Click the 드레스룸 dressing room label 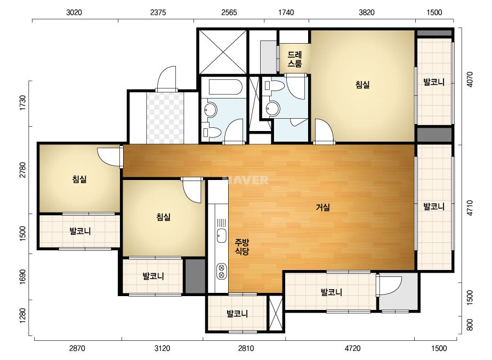click(x=295, y=59)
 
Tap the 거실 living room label click(x=322, y=207)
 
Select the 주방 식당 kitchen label click(x=242, y=247)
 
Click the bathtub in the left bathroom click(x=225, y=87)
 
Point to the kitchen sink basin click(x=222, y=235)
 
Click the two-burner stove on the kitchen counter click(x=222, y=271)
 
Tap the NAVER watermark click(x=246, y=180)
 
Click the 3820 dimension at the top click(x=366, y=12)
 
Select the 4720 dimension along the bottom click(x=352, y=348)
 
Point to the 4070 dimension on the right click(x=470, y=80)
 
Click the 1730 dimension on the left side click(x=22, y=103)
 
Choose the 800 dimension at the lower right click(x=470, y=325)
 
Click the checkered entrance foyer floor click(x=165, y=118)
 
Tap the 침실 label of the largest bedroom click(x=362, y=85)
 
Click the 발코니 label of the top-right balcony click(x=434, y=82)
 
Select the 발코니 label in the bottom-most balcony click(x=237, y=314)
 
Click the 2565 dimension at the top click(x=229, y=12)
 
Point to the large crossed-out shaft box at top click(x=223, y=52)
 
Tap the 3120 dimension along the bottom click(x=162, y=348)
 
